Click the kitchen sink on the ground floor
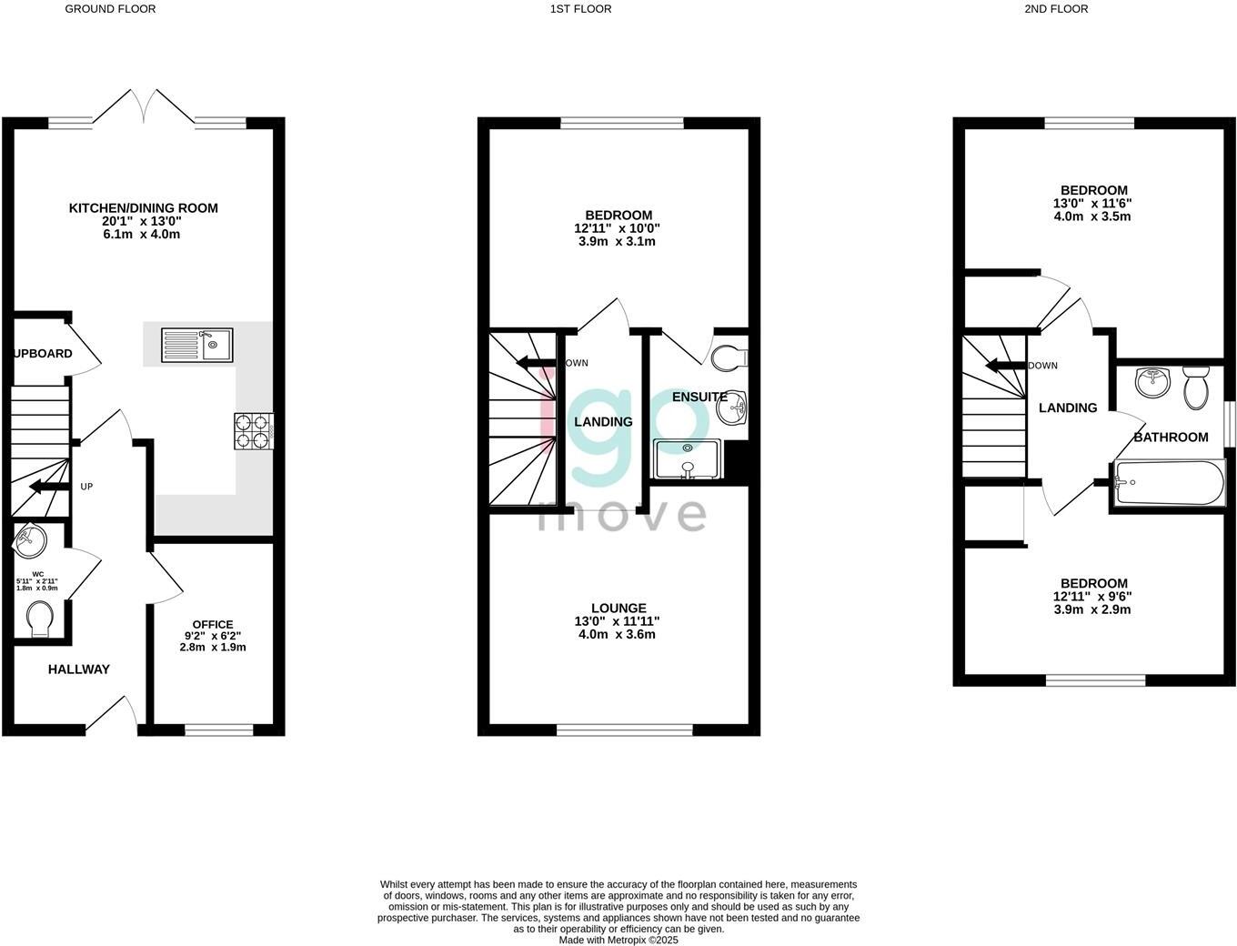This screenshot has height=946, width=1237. click(197, 345)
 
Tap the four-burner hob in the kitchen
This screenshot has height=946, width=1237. click(255, 431)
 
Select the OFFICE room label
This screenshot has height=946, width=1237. click(212, 624)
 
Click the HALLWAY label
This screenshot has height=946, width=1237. click(79, 669)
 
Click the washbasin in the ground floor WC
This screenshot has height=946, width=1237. click(30, 541)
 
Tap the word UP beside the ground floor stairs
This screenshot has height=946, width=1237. click(86, 487)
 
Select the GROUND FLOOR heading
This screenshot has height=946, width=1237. click(110, 9)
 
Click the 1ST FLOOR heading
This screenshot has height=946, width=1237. click(580, 9)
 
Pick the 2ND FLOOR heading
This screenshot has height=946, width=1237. click(1056, 9)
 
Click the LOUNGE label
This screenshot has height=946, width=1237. click(618, 609)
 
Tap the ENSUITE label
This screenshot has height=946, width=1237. click(699, 397)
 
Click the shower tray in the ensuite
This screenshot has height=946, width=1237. click(688, 459)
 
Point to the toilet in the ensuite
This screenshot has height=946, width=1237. click(731, 358)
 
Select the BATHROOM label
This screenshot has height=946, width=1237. click(1171, 438)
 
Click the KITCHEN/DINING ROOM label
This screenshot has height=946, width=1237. click(144, 208)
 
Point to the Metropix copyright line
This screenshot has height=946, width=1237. click(618, 941)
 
